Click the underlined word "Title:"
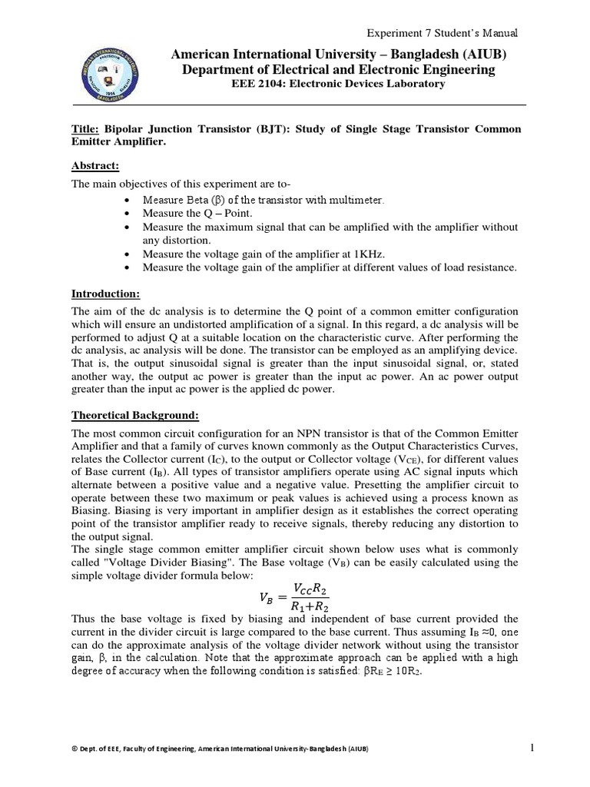86,129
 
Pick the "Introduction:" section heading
108,293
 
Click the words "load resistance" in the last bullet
480,267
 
